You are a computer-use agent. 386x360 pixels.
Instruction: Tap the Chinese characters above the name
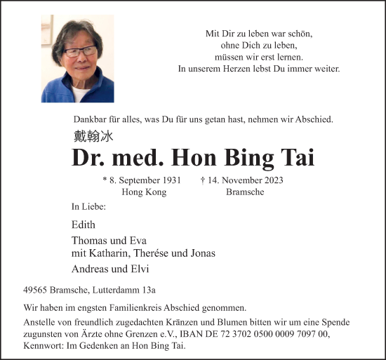(x=93, y=137)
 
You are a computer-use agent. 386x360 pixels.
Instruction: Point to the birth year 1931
(x=174, y=180)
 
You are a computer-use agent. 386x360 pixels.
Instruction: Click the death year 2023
(x=271, y=180)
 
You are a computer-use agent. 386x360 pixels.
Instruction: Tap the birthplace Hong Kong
(x=144, y=192)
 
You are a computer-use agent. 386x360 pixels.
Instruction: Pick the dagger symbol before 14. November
(x=203, y=180)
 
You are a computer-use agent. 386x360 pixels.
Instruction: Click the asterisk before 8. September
(x=105, y=180)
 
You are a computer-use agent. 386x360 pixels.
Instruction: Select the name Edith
(x=83, y=225)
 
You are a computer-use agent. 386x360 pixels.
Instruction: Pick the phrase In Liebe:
(x=88, y=207)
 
